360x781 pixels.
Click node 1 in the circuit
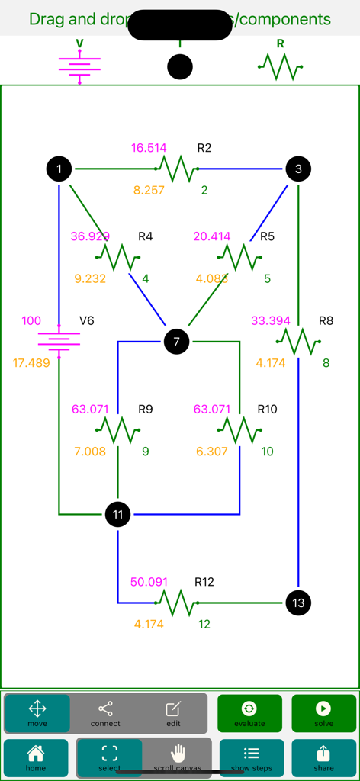(x=59, y=169)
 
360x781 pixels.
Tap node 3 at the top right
(x=298, y=169)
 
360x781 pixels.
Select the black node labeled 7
(x=176, y=342)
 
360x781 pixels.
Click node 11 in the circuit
(x=117, y=515)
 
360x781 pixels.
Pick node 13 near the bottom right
(x=298, y=603)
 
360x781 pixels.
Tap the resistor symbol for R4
(x=118, y=257)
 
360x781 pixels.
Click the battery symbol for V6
(x=59, y=341)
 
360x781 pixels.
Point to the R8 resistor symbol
(x=298, y=342)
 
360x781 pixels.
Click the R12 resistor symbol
(x=178, y=603)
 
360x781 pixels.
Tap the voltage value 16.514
(x=149, y=148)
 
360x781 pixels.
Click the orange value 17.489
(x=31, y=363)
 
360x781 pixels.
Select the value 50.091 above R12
(x=149, y=582)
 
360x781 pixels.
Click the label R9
(x=145, y=410)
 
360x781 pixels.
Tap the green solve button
(x=323, y=714)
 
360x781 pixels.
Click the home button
(x=36, y=758)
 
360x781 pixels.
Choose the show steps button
(x=251, y=758)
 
